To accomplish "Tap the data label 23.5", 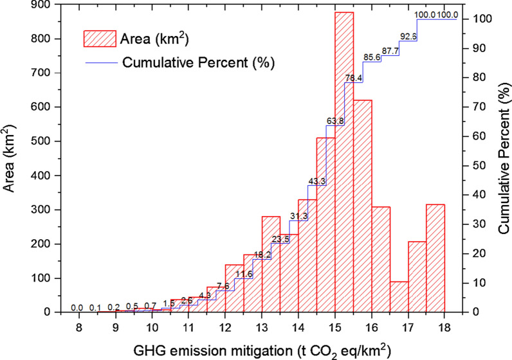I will [x=280, y=239].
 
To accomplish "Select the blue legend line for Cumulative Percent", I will [x=104, y=63].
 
